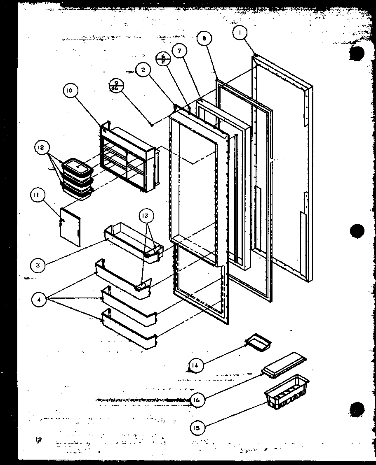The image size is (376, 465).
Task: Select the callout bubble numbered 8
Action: pos(204,39)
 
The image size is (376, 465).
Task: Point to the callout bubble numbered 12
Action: pos(42,147)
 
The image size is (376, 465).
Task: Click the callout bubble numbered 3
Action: pos(38,265)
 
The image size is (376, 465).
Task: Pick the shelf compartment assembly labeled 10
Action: pos(129,158)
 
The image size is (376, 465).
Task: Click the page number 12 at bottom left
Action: pos(39,442)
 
